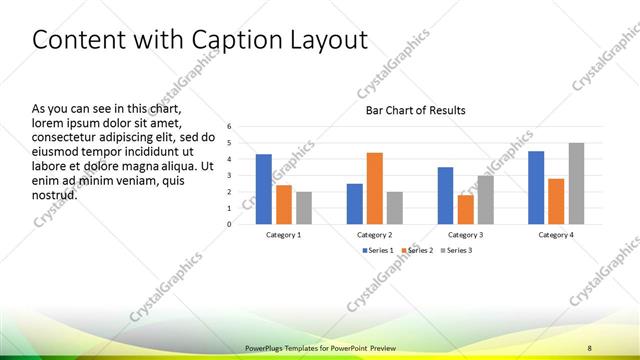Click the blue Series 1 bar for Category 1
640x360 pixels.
[x=264, y=189]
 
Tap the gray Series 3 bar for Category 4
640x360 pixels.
[x=576, y=183]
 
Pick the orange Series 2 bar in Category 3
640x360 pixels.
[x=465, y=209]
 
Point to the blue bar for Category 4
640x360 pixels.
[x=536, y=187]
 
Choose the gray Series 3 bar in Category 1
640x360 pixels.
[x=304, y=208]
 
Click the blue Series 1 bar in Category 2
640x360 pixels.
[x=355, y=204]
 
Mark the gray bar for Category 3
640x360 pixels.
[x=485, y=200]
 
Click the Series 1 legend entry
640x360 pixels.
[x=376, y=250]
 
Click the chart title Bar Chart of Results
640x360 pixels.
[x=415, y=110]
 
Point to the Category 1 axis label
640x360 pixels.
[x=284, y=234]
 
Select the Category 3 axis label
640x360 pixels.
[x=465, y=234]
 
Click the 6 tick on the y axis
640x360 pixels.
[x=229, y=127]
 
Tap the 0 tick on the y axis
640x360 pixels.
[x=229, y=224]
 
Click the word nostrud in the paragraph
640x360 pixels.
[x=55, y=194]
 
